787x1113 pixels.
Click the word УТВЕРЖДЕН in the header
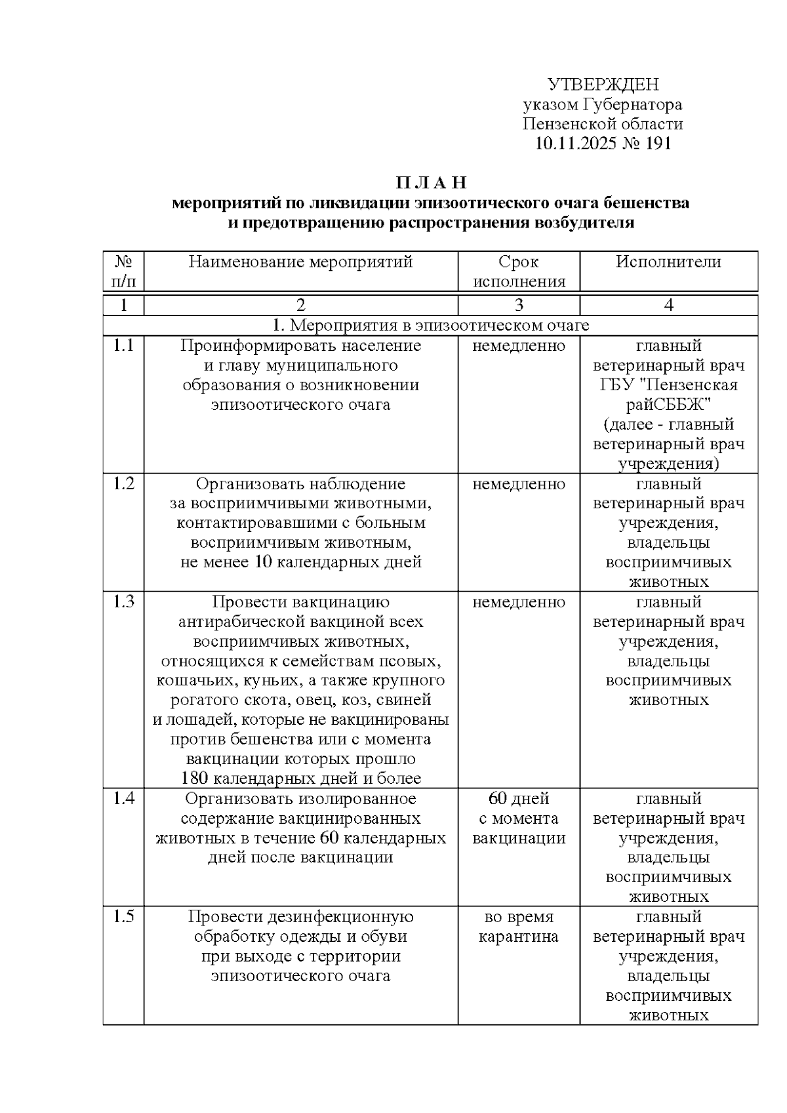tap(603, 85)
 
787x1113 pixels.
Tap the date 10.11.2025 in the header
tap(575, 144)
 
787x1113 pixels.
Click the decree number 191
tap(658, 144)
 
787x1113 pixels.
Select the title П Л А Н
tap(430, 182)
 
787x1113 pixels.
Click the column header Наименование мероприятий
tap(300, 262)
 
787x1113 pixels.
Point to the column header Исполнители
tap(668, 262)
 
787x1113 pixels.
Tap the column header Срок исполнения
tap(518, 272)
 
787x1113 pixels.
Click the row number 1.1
tap(123, 346)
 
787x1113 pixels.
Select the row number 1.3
tap(123, 602)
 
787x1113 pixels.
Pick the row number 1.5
tap(123, 917)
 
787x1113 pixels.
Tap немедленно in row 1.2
tap(518, 484)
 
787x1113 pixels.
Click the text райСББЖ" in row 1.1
tap(668, 405)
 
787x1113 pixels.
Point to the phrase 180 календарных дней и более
tap(300, 779)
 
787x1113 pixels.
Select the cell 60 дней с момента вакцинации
tap(518, 819)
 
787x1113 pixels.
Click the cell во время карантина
tap(518, 927)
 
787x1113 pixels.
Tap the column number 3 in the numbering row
tap(518, 305)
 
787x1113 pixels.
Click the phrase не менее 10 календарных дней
tap(300, 563)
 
